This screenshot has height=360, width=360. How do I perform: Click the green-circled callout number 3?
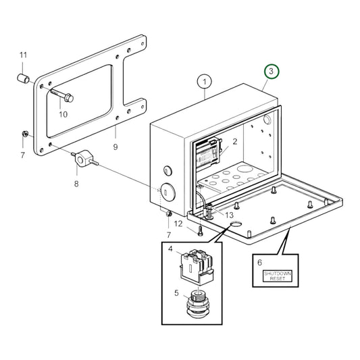(270, 71)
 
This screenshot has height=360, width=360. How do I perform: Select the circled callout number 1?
(205, 82)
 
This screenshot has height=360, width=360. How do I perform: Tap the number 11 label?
(23, 55)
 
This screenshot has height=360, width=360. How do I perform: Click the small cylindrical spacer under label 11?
(24, 80)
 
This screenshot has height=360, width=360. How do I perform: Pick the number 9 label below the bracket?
(115, 147)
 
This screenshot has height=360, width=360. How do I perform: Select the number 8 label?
(76, 182)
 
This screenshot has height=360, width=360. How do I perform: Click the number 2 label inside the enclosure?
(235, 142)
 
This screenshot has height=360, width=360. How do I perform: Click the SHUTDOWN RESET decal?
(278, 275)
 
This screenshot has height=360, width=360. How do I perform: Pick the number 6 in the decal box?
(259, 260)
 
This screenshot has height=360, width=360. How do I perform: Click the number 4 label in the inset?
(170, 249)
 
